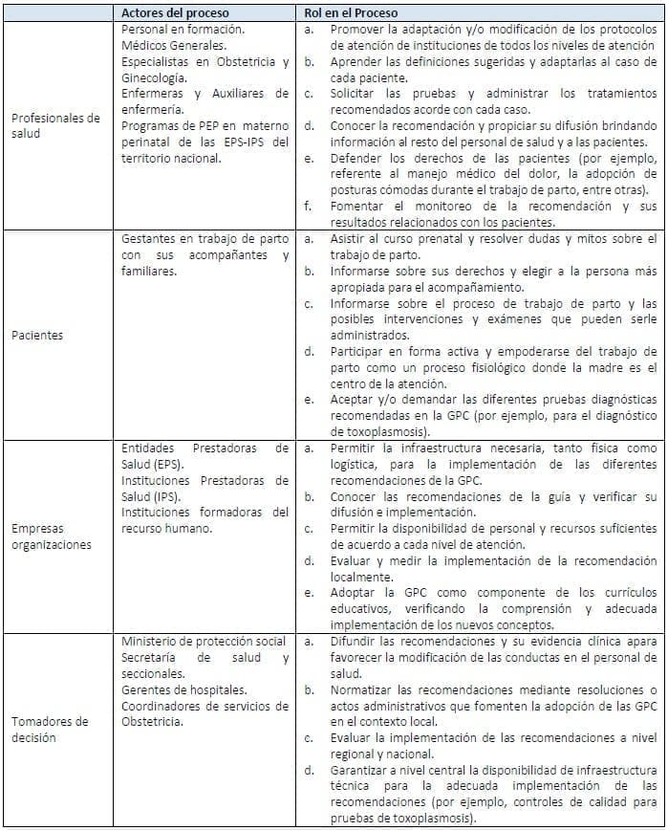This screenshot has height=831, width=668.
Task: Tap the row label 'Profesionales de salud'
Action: pos(55,125)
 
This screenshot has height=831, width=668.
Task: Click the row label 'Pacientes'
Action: pos(37,336)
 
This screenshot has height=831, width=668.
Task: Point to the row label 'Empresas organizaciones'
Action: pos(52,536)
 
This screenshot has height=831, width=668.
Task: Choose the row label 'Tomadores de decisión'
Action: pos(49,730)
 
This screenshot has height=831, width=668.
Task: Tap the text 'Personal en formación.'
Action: pos(183,30)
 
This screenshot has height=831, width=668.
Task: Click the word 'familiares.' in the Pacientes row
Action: pos(149,271)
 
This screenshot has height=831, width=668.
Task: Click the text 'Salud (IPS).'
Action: pos(151,495)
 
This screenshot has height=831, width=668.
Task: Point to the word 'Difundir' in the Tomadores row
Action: pos(357,641)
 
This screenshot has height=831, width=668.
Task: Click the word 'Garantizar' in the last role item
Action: pos(366,770)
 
